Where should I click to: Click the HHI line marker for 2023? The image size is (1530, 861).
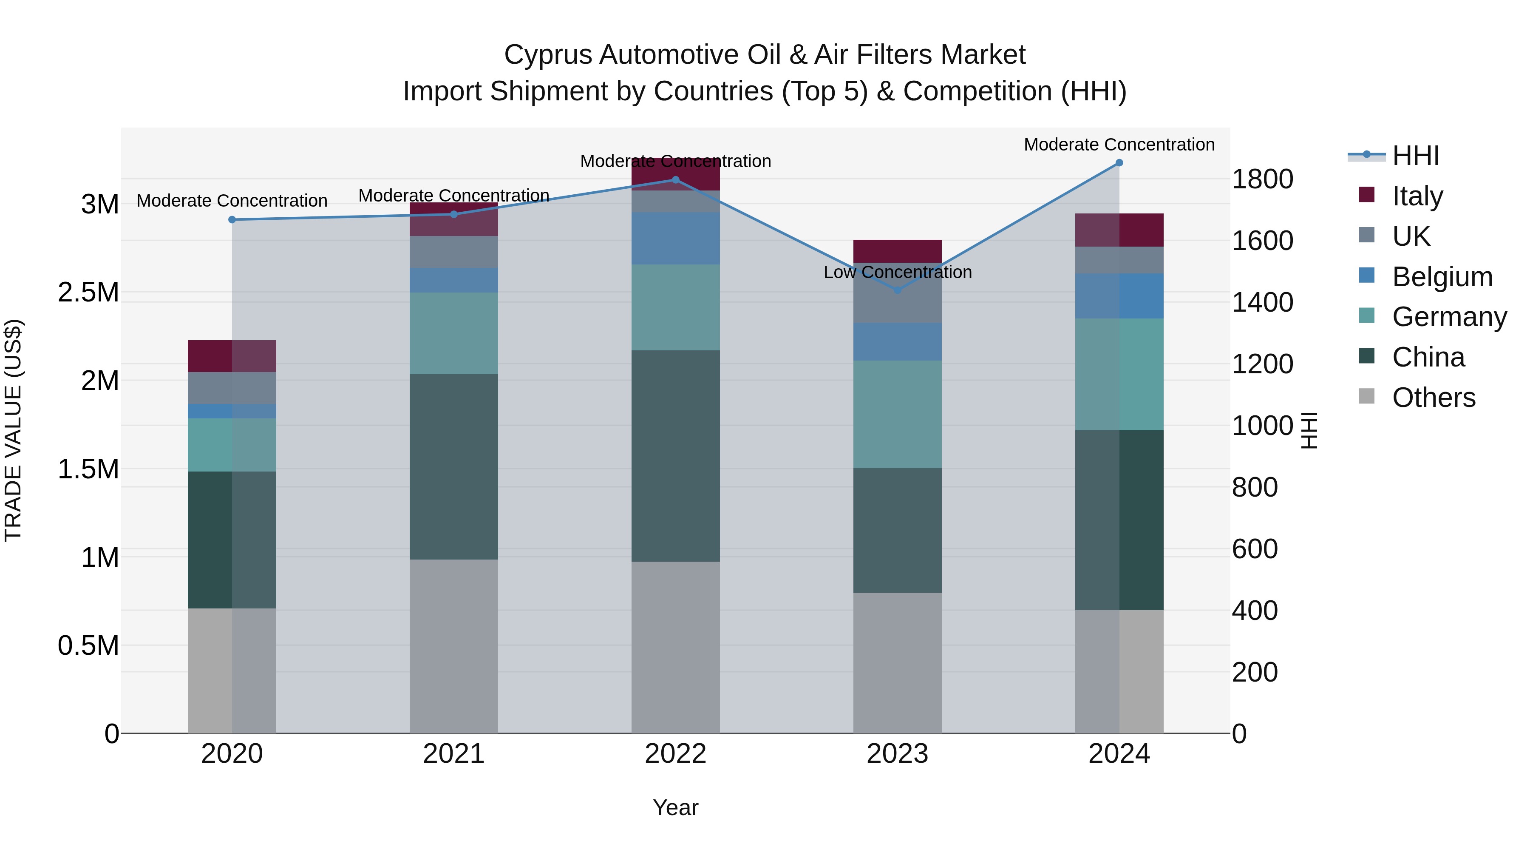point(898,290)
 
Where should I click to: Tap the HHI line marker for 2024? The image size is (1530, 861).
point(1119,163)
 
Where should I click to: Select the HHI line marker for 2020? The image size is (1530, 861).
point(232,220)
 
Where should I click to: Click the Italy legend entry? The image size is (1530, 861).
point(1417,196)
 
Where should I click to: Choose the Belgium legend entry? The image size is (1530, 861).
point(1442,277)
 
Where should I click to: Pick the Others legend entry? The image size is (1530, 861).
point(1433,398)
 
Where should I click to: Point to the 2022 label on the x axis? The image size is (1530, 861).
point(675,754)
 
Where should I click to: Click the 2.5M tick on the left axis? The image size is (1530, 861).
point(88,293)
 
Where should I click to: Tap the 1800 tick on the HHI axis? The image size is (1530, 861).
point(1262,179)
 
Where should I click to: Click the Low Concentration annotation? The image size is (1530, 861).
point(898,272)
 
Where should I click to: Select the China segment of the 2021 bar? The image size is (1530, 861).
point(454,466)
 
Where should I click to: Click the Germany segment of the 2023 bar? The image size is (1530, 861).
point(898,414)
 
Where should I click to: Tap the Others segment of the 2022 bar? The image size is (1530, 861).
point(675,647)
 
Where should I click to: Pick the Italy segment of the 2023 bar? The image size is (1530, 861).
point(898,251)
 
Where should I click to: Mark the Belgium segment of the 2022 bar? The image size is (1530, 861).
point(675,238)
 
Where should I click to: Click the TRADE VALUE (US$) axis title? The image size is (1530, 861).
point(14,430)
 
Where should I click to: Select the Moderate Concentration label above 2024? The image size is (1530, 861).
point(1119,145)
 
